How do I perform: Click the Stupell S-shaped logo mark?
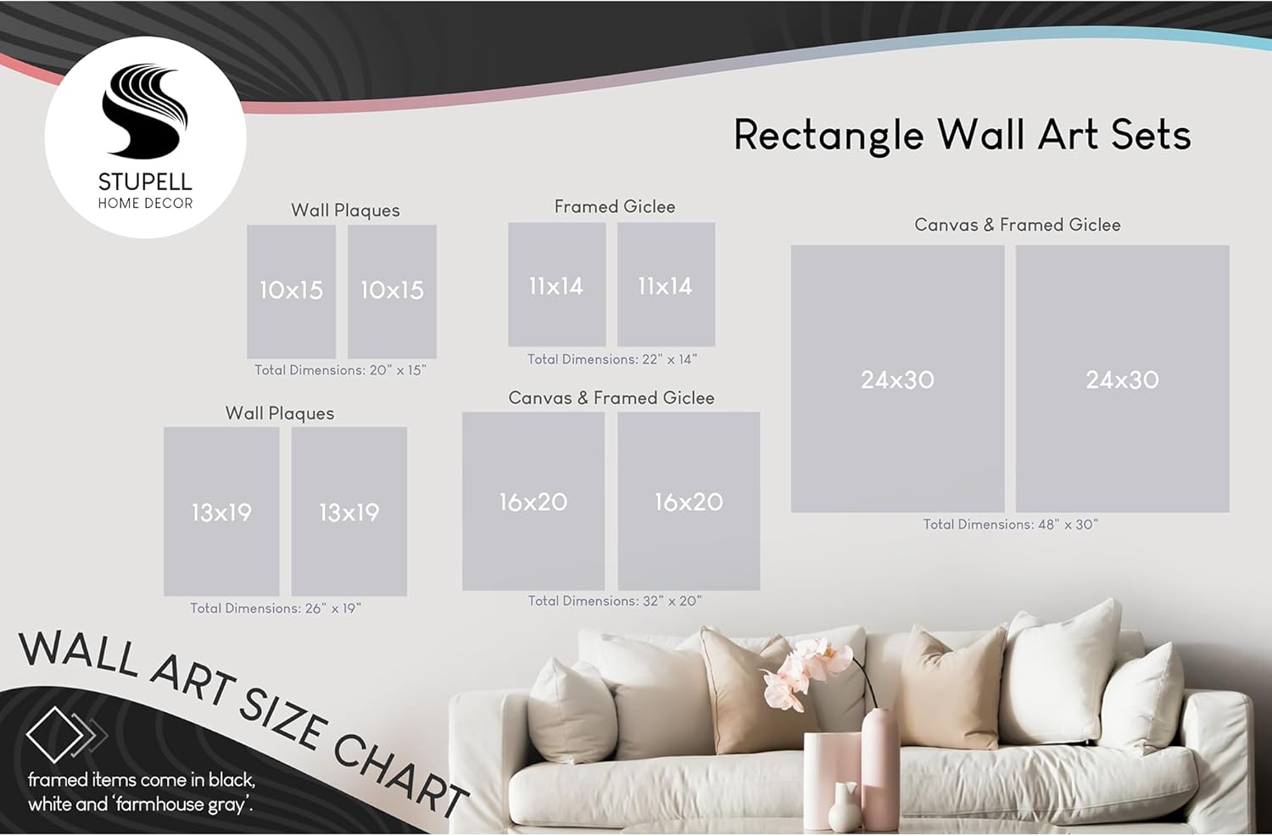tap(145, 111)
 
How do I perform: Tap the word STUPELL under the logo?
tap(145, 182)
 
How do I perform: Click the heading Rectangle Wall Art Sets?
tap(962, 135)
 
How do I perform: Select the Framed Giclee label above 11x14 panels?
tap(615, 206)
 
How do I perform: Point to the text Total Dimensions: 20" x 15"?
tap(340, 370)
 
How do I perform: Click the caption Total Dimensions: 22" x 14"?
tap(612, 359)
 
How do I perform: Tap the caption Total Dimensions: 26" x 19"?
tap(276, 608)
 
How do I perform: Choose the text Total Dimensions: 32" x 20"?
tap(615, 601)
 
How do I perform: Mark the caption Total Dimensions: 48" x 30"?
tap(1011, 524)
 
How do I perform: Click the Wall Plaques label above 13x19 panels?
tap(279, 413)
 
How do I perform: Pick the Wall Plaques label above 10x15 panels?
tap(345, 210)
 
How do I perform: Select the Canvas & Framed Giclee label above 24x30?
tap(1018, 224)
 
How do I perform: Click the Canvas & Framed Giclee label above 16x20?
tap(611, 398)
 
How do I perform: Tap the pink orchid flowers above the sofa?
tap(806, 673)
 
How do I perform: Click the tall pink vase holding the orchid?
tap(879, 767)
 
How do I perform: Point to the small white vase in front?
tap(844, 807)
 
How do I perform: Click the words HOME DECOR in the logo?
tap(145, 204)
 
